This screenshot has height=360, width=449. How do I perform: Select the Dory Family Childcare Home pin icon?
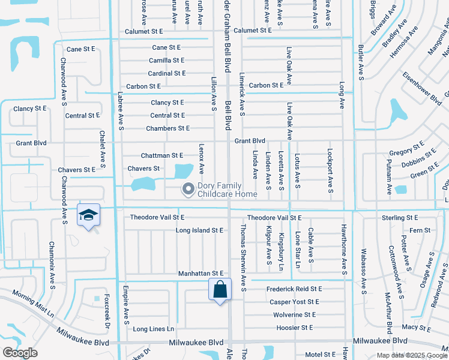point(188,189)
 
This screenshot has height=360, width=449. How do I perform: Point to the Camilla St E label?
point(167,60)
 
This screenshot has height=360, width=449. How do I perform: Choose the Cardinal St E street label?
point(167,73)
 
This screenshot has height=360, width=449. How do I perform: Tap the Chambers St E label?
point(167,128)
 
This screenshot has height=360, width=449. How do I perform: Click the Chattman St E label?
point(161,155)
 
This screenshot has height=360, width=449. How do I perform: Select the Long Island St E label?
point(199,230)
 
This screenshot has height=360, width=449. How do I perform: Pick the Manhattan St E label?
point(200,274)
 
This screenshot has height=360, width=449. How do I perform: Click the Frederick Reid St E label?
point(294,289)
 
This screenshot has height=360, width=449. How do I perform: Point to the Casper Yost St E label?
point(295,302)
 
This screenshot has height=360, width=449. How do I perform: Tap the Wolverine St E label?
point(294,314)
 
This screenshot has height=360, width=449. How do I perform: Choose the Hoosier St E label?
point(295,328)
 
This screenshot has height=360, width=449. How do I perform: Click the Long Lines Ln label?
point(153,329)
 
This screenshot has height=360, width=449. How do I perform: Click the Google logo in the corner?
point(20,353)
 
